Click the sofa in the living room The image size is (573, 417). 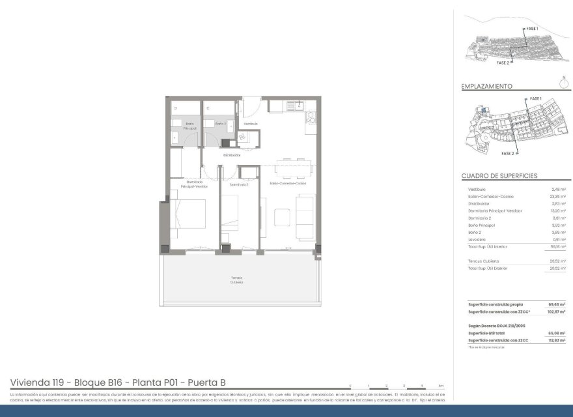[x=305, y=216]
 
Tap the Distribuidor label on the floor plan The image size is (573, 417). [x=232, y=155]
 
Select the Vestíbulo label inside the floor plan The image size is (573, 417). [x=251, y=123]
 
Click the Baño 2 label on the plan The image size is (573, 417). [x=220, y=123]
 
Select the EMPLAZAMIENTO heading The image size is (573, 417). [x=486, y=86]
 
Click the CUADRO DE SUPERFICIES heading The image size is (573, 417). [x=499, y=176]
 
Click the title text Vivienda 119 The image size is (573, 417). [x=40, y=382]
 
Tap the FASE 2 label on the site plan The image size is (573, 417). [x=508, y=154]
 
